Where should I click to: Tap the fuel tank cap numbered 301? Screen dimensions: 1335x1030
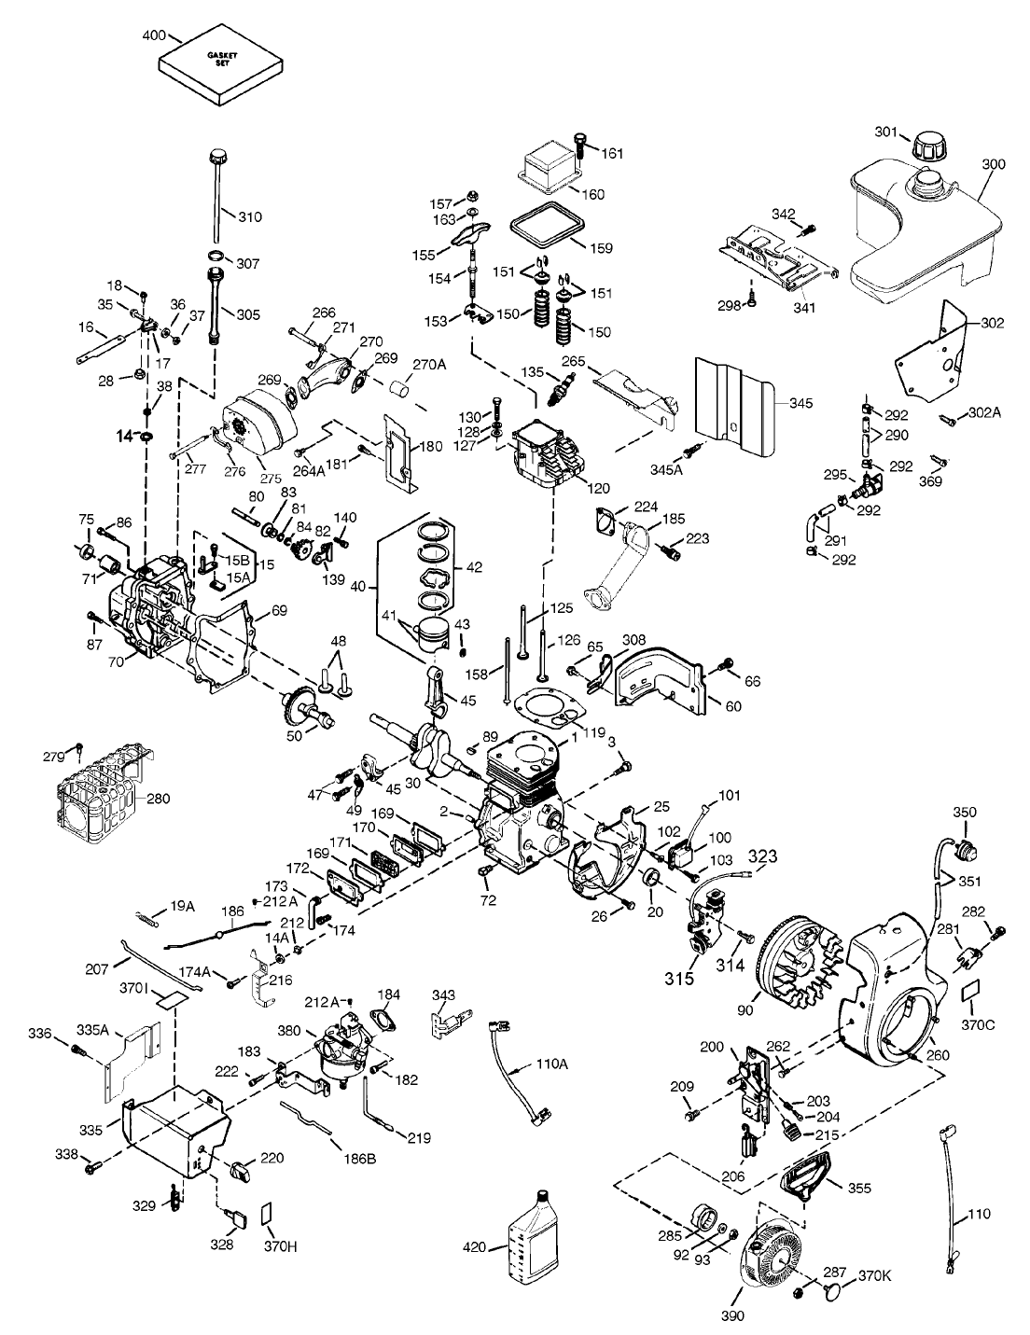928,147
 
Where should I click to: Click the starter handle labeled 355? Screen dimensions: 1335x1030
804,1175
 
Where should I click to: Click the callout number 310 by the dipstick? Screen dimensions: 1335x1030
250,217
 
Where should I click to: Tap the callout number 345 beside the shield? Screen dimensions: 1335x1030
800,404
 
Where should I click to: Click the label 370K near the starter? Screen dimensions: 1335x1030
875,1275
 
